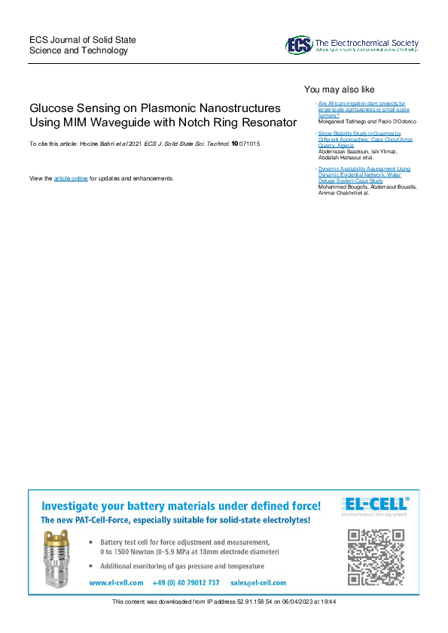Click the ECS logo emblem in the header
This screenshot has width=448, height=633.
(298, 45)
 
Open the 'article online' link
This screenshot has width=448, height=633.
(71, 178)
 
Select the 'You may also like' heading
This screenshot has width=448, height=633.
(339, 89)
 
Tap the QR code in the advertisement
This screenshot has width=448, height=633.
(376, 556)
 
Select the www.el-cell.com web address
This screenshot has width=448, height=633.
(116, 583)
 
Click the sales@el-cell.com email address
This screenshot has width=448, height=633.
(258, 583)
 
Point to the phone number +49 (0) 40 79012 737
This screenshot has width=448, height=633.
(186, 583)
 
